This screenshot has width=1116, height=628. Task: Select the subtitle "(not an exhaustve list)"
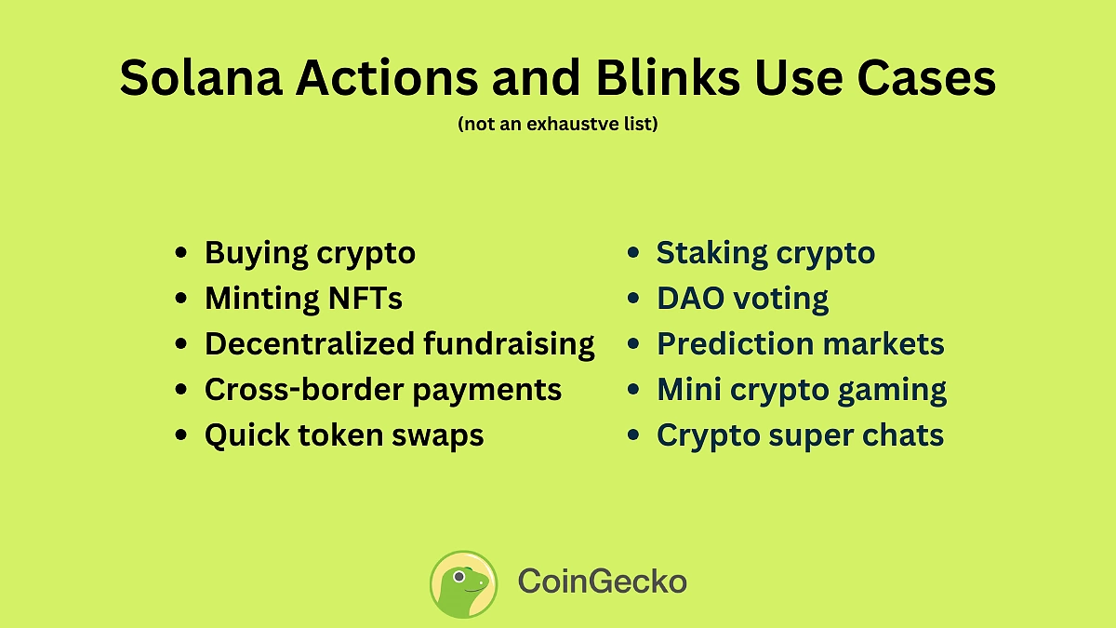[x=558, y=124]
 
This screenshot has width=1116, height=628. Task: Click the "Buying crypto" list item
[x=310, y=253]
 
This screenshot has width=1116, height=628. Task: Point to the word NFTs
[x=365, y=299]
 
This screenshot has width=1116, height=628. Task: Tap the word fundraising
[x=509, y=344]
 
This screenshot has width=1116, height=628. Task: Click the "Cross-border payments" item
[x=382, y=390]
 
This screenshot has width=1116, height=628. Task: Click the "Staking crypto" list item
[x=765, y=253]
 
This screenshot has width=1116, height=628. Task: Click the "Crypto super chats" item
[x=800, y=435]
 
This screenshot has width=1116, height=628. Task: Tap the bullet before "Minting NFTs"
[x=181, y=300]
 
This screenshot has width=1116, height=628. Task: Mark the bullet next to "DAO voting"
[x=633, y=300]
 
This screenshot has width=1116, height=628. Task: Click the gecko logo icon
[x=463, y=583]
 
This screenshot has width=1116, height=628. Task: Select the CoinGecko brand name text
[x=602, y=583]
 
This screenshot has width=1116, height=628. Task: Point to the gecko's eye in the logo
[x=458, y=576]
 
